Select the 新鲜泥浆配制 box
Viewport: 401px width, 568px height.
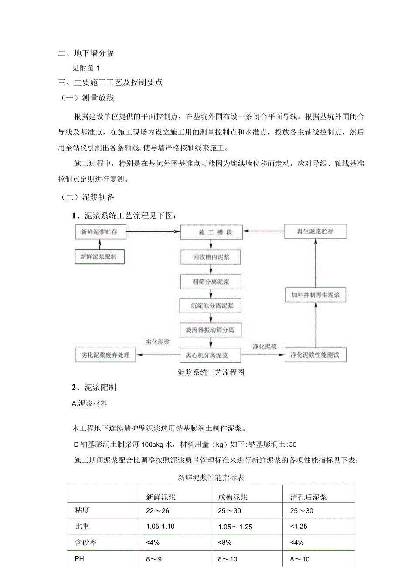(x=99, y=257)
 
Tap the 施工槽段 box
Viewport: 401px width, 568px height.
(x=211, y=232)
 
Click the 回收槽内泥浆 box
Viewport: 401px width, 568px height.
(x=211, y=257)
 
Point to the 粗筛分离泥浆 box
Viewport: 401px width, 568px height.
(x=211, y=282)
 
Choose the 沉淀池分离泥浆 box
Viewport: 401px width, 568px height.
(x=211, y=306)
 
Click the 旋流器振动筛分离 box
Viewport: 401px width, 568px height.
(x=211, y=330)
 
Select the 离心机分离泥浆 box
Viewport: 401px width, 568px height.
(x=211, y=355)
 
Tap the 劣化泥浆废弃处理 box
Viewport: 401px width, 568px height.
(x=105, y=355)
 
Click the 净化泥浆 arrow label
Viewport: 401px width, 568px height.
(x=265, y=347)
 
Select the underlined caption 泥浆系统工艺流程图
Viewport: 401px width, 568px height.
(x=211, y=372)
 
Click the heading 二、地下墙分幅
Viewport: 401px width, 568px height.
(x=86, y=53)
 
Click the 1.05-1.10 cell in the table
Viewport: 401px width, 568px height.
(x=160, y=526)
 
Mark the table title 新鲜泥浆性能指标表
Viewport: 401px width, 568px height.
(x=211, y=478)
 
